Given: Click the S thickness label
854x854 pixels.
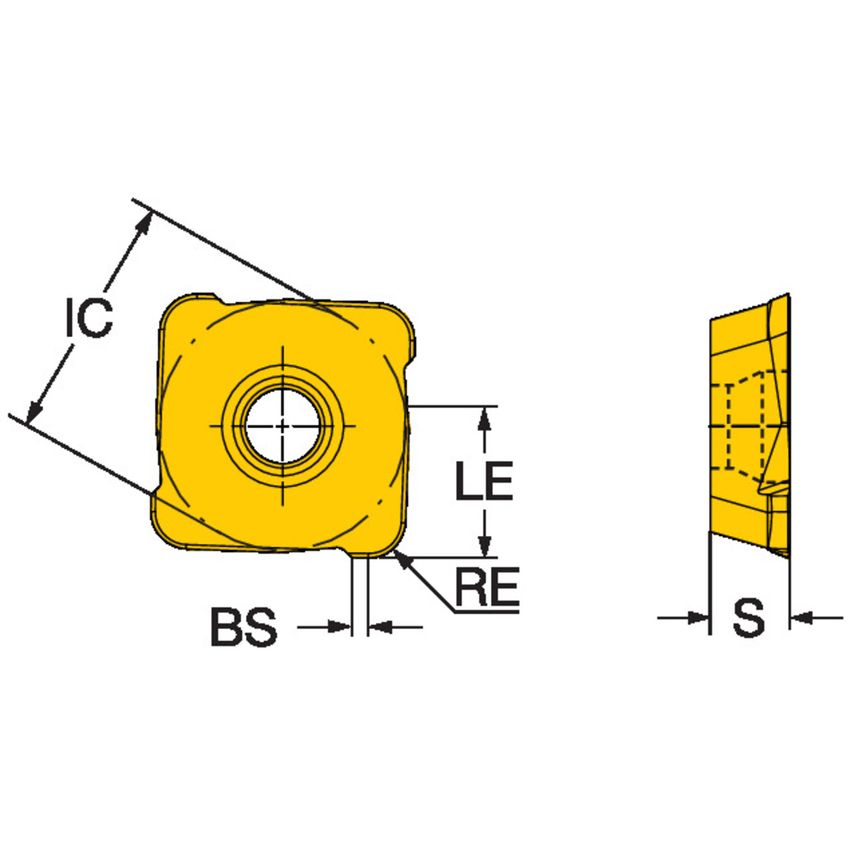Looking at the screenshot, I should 748,620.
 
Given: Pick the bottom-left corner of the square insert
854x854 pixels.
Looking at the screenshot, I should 162,535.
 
